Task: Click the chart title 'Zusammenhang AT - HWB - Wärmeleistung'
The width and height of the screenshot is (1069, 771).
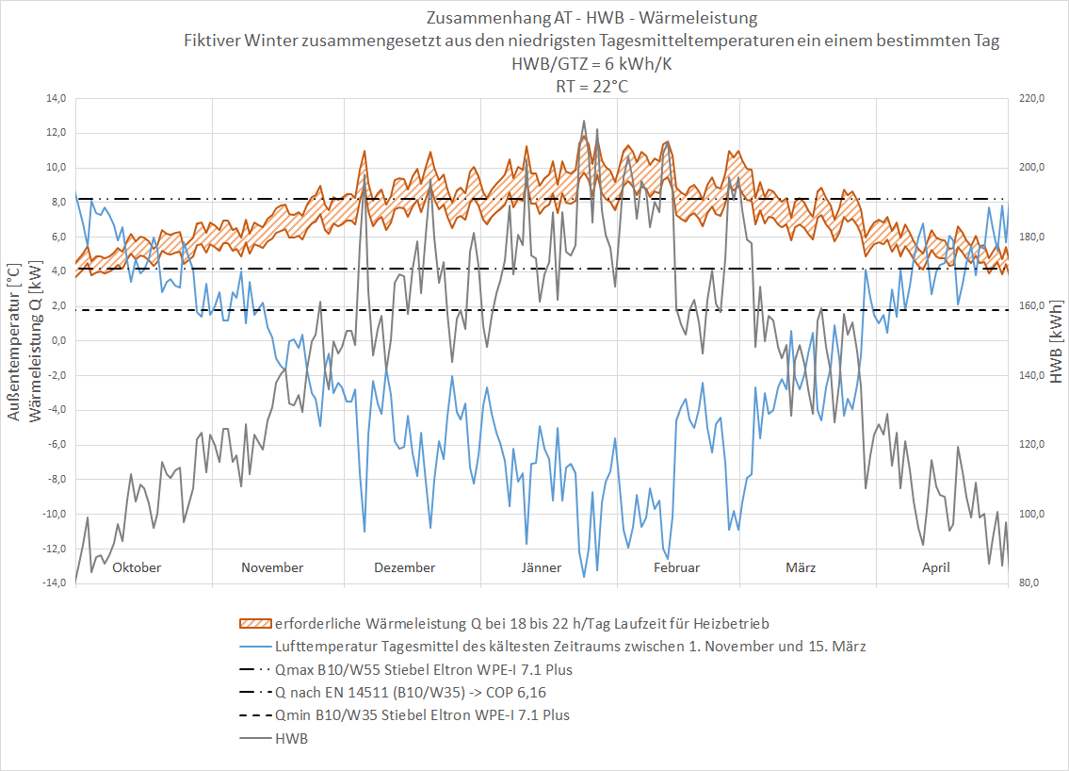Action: click(x=591, y=19)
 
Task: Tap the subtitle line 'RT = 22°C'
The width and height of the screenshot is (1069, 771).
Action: click(x=591, y=86)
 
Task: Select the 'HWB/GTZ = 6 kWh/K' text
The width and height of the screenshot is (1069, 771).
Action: click(x=591, y=63)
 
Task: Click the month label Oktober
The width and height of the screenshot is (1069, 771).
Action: click(x=137, y=567)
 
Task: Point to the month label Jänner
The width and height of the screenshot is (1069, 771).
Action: click(x=541, y=567)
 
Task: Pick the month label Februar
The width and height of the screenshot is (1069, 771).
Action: click(x=676, y=567)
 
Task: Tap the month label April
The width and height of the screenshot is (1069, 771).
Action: click(x=935, y=567)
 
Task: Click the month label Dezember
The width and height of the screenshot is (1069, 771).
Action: click(x=404, y=567)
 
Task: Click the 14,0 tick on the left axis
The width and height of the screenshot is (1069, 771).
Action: click(x=54, y=98)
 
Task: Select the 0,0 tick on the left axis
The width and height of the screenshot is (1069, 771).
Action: click(x=57, y=340)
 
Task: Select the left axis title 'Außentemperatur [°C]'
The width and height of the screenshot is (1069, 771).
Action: click(x=13, y=342)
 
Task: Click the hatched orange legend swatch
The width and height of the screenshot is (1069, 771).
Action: click(x=255, y=624)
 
